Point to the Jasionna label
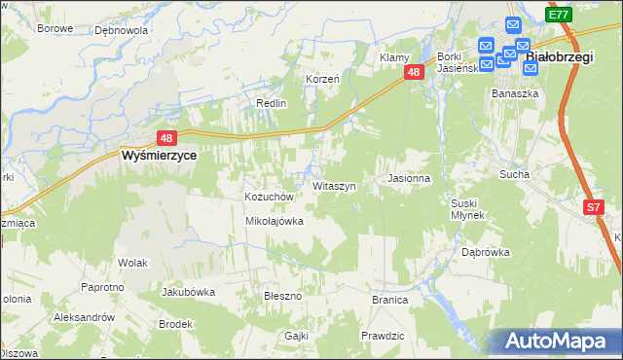click(408, 179)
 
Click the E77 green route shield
click(558, 14)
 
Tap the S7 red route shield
click(594, 207)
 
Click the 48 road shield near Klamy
click(415, 73)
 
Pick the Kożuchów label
click(269, 197)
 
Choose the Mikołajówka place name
click(274, 221)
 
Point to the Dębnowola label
click(121, 30)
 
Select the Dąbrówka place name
click(486, 252)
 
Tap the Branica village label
click(389, 300)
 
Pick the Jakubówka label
click(188, 291)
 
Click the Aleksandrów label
click(84, 317)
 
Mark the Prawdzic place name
click(382, 336)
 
